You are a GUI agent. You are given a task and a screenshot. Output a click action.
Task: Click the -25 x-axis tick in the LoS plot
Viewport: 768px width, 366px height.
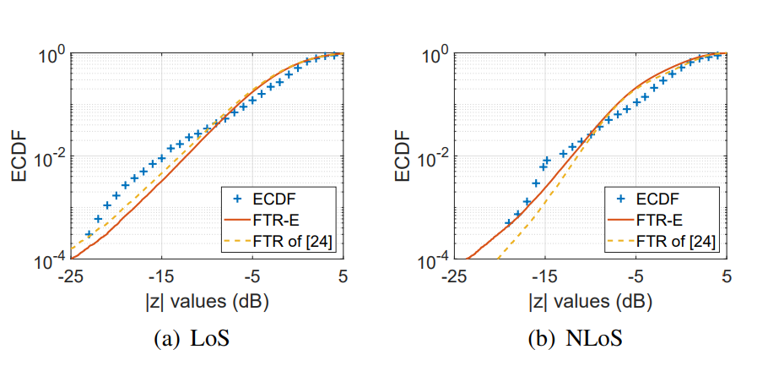[x=70, y=276]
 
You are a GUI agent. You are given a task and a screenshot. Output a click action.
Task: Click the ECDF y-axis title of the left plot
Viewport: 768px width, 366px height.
[x=19, y=156]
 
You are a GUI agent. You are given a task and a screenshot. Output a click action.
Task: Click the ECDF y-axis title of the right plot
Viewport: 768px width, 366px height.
[x=404, y=156]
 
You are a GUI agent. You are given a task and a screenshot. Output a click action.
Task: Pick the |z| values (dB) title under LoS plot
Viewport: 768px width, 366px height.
[x=207, y=299]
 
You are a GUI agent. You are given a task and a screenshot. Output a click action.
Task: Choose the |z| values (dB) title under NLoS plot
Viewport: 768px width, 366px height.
[x=592, y=299]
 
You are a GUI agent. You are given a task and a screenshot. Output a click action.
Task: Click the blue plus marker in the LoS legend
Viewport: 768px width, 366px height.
[x=237, y=200]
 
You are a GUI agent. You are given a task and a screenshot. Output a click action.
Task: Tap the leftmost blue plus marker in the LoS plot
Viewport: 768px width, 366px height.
[x=89, y=234]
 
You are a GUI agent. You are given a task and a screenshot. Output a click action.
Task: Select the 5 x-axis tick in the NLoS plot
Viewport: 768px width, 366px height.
[x=727, y=276]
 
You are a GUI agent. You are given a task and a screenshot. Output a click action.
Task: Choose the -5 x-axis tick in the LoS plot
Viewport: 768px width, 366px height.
[x=251, y=276]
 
